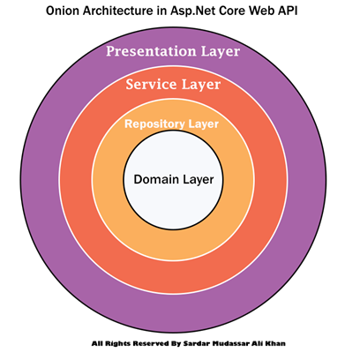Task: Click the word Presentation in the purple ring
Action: (151, 51)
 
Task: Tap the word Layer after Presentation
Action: (221, 52)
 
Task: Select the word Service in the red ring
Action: (151, 84)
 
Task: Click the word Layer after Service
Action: (201, 86)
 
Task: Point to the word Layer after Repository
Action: (203, 124)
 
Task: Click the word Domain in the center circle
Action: (156, 179)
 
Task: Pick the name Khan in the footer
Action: (275, 343)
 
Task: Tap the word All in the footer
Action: (97, 343)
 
